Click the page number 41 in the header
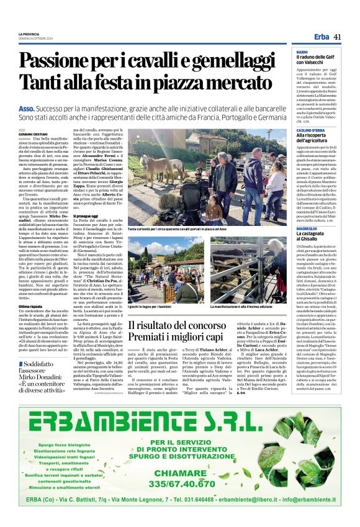(337, 37)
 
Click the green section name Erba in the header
(321, 37)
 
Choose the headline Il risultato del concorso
(179, 324)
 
